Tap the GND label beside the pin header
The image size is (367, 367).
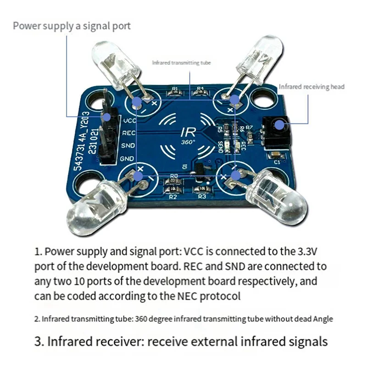(127, 159)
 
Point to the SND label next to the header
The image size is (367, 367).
(128, 146)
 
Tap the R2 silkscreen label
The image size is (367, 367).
(173, 197)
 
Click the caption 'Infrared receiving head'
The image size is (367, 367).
(311, 86)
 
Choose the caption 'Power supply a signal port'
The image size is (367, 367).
(72, 25)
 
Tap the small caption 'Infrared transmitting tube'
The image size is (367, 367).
(181, 62)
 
